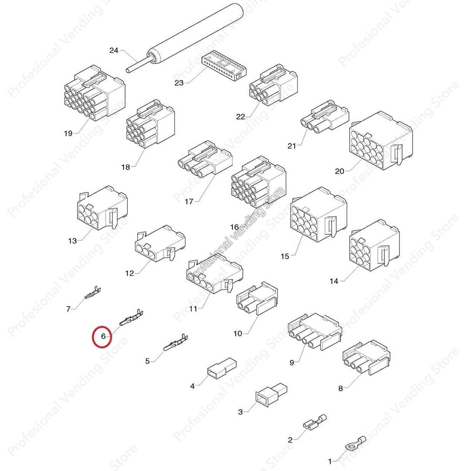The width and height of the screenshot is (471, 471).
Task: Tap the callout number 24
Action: coord(114,51)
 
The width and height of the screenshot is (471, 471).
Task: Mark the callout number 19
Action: coord(68,133)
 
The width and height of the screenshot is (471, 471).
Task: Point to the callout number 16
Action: coord(235,227)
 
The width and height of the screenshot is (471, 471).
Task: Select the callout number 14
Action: coord(334,281)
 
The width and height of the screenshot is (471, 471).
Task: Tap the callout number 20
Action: coord(339,171)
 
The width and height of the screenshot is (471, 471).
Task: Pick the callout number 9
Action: coord(291,362)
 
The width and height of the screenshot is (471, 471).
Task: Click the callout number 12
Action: coord(130,273)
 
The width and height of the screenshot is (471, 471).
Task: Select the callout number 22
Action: coord(241,117)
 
